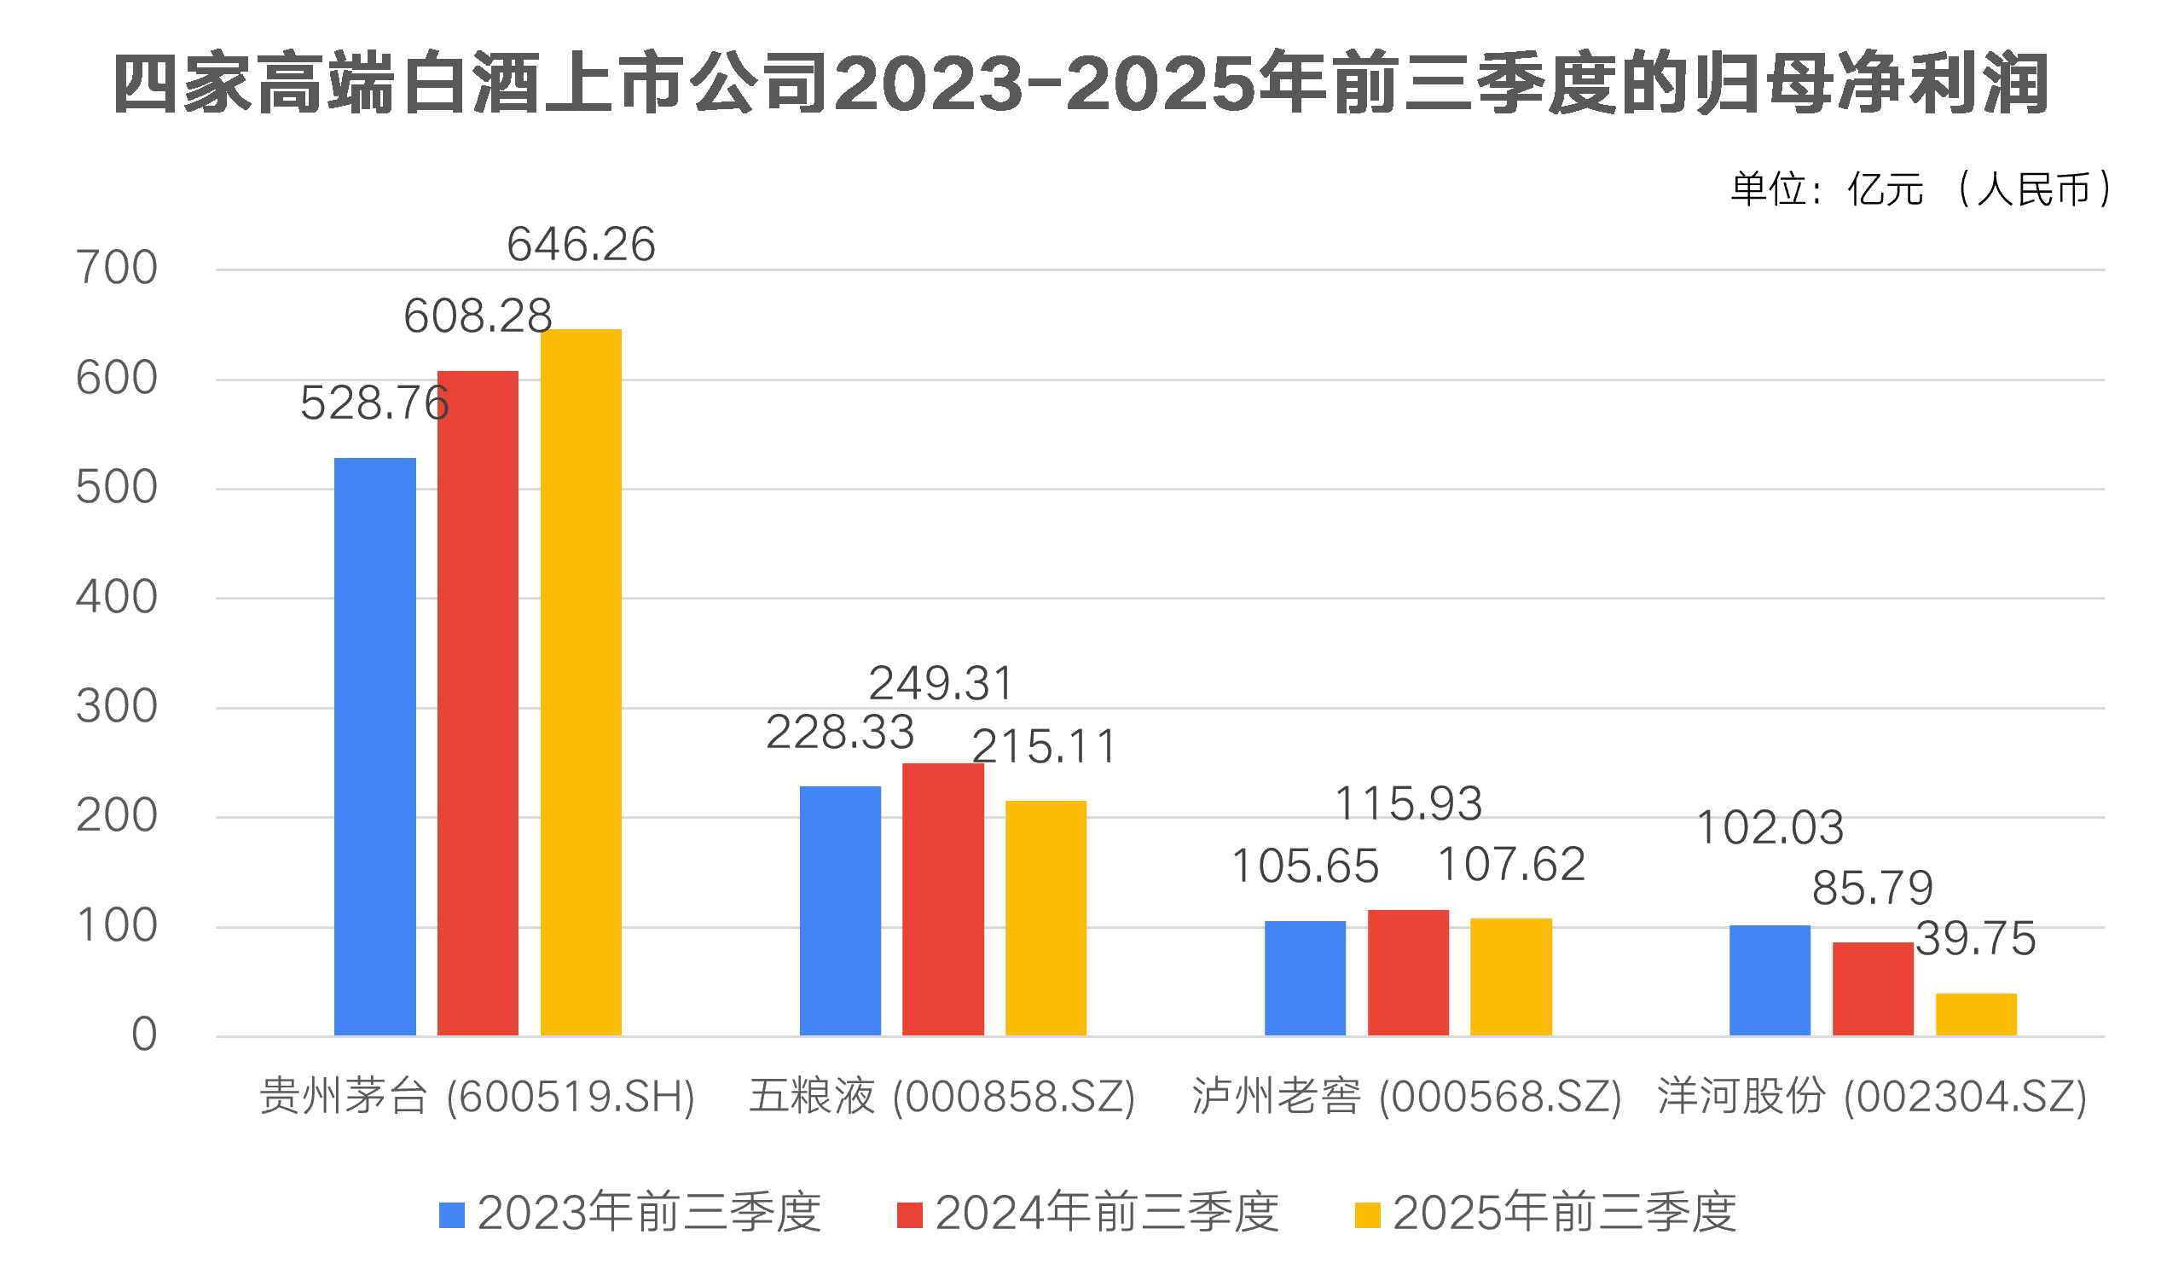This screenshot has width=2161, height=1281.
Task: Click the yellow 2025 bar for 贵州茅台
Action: (581, 682)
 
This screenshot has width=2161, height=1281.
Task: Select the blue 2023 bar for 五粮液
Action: (840, 911)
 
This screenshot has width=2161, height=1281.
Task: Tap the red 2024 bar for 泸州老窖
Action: (1408, 973)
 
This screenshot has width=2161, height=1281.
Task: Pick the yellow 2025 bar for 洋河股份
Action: (1975, 1014)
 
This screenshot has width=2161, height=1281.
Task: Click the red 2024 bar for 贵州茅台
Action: (478, 704)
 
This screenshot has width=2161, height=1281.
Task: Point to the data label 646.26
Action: (581, 244)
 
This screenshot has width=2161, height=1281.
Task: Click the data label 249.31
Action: (941, 684)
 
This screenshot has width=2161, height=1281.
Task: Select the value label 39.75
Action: (1975, 938)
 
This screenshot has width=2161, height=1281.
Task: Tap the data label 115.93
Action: (1408, 803)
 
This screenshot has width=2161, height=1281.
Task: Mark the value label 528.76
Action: (374, 403)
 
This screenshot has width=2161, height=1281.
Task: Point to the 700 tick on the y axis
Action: (117, 269)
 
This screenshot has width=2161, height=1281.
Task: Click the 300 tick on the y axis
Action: (117, 707)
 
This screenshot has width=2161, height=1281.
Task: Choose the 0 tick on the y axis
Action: (144, 1035)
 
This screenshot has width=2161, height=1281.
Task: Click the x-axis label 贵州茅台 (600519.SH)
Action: (478, 1097)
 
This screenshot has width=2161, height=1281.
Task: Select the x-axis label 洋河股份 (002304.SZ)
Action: (1872, 1097)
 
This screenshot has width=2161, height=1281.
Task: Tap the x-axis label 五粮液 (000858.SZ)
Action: (941, 1097)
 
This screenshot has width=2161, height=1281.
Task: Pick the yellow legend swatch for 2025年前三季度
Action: (1367, 1214)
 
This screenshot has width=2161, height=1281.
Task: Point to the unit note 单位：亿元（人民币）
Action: (1921, 189)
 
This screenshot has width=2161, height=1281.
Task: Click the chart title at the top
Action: (1080, 84)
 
